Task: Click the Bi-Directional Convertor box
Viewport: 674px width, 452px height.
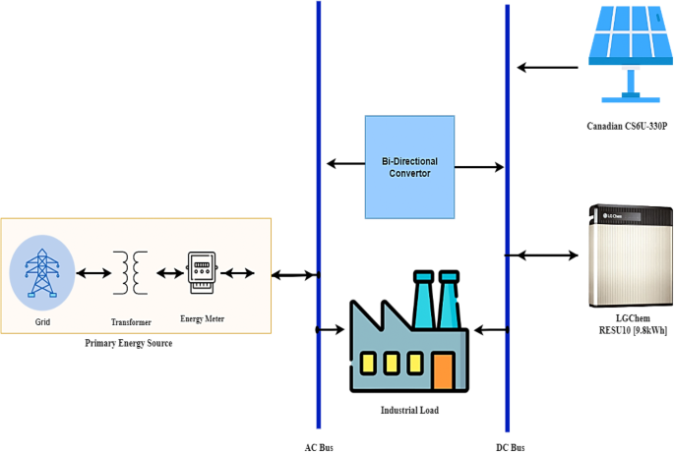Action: point(409,166)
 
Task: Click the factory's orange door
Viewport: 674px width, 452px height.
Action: point(443,369)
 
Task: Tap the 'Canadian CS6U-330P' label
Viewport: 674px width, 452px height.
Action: point(627,127)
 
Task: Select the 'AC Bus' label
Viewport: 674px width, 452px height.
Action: point(319,446)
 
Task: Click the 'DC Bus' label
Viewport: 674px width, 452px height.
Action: point(509,446)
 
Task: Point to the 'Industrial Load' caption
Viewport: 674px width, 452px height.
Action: point(409,410)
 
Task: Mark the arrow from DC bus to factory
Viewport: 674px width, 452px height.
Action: point(489,328)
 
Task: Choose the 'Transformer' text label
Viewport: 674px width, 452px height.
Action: point(130,321)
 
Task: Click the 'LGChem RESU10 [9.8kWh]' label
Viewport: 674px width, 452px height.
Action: point(627,325)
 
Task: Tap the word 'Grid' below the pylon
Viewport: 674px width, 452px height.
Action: point(41,321)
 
